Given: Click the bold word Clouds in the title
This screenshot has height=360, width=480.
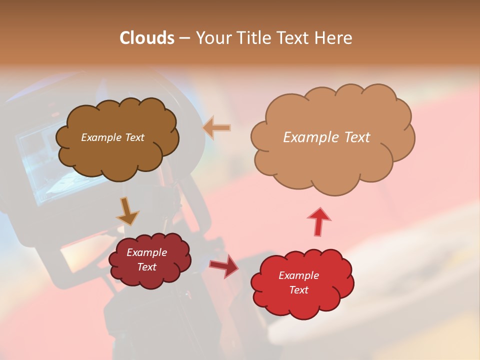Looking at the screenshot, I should (147, 38).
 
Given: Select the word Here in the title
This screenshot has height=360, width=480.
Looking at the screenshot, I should (333, 38).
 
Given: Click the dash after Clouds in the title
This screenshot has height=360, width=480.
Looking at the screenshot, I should (184, 38).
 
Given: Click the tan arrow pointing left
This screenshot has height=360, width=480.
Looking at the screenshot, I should (216, 128).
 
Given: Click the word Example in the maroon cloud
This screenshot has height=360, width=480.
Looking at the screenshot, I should (146, 252).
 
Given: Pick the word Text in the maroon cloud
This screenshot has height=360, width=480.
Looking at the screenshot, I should (146, 267).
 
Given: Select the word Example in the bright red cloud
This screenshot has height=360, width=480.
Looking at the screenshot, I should (298, 275).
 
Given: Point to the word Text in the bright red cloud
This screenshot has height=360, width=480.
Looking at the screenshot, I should (298, 290).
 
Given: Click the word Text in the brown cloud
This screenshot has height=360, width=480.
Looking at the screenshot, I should (133, 137).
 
